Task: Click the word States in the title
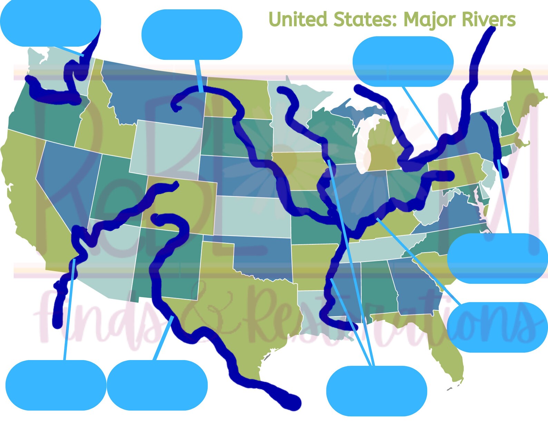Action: coord(365,20)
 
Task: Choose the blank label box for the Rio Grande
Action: coord(157,385)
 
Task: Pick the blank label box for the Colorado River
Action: coord(56,385)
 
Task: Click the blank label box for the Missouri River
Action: coord(192,35)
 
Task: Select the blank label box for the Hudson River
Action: coord(497,258)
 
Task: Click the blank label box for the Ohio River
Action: coord(497,327)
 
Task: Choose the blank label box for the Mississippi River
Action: coord(376,391)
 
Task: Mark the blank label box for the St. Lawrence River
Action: coord(403,62)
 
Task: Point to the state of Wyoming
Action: coord(166,149)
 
